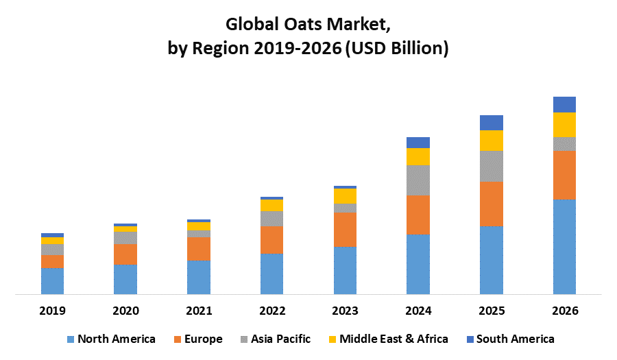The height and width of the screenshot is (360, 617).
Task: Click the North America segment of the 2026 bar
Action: (x=564, y=247)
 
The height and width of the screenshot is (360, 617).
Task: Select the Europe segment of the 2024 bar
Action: (x=418, y=215)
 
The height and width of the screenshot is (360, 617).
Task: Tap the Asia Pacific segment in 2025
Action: (x=491, y=166)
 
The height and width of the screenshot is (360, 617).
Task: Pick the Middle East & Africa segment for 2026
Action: (x=564, y=124)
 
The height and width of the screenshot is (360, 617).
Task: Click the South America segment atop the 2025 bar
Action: (x=491, y=123)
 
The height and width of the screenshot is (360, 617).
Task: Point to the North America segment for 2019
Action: (x=52, y=281)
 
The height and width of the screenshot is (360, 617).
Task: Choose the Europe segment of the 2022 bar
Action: (x=271, y=239)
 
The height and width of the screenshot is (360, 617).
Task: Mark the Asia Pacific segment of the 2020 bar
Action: (x=125, y=237)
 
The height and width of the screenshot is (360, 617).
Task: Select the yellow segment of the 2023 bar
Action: (x=345, y=196)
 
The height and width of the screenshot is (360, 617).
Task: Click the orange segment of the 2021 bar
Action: (x=198, y=248)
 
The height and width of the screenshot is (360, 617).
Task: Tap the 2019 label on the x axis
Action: (x=52, y=311)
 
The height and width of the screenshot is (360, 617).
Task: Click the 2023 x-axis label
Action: (x=345, y=311)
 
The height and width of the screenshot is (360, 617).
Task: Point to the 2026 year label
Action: (x=564, y=311)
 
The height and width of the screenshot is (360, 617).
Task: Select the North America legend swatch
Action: (x=70, y=339)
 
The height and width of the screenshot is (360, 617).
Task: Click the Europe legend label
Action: (x=203, y=339)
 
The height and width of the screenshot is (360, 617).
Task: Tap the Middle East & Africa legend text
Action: (x=394, y=339)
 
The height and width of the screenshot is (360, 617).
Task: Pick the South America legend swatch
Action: (x=470, y=339)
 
